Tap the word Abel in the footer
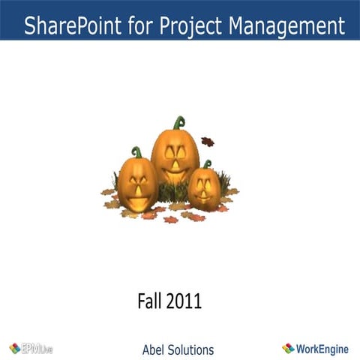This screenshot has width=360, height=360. pos(154,349)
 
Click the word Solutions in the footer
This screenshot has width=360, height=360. pos(191,349)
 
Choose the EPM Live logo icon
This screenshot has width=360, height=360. pos(14,348)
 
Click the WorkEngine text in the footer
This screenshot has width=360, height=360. pos(323,348)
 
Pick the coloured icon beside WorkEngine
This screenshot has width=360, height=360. pos(288,348)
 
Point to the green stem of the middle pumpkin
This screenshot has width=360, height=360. pos(178,122)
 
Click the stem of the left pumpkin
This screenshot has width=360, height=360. pos(136,151)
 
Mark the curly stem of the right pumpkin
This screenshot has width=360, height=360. pos(207,163)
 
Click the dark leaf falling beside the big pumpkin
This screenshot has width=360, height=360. pos(208,141)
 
